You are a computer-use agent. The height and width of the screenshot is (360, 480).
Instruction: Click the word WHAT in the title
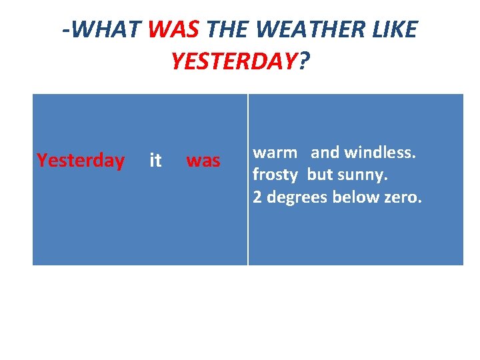pyautogui.click(x=106, y=30)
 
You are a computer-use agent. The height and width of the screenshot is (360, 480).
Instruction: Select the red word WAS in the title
pyautogui.click(x=175, y=30)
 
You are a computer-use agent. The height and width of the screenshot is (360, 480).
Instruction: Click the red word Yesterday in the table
pyautogui.click(x=81, y=161)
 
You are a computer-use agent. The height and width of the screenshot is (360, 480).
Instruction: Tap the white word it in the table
pyautogui.click(x=155, y=161)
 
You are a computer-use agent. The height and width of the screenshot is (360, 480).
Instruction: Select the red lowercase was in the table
pyautogui.click(x=203, y=161)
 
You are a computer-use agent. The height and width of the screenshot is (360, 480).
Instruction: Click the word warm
pyautogui.click(x=275, y=153)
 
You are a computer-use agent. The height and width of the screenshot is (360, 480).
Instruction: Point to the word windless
pyautogui.click(x=380, y=153)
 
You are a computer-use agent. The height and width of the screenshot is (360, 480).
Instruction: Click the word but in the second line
pyautogui.click(x=320, y=175)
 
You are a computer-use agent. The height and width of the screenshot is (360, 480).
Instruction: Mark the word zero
pyautogui.click(x=402, y=197)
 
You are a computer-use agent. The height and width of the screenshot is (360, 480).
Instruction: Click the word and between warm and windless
pyautogui.click(x=325, y=153)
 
